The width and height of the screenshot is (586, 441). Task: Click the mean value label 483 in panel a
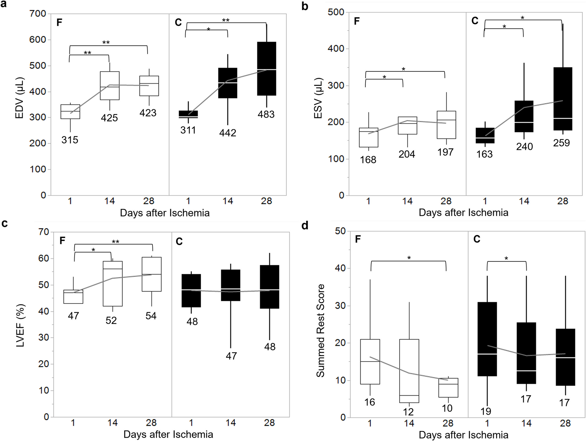[x=266, y=114]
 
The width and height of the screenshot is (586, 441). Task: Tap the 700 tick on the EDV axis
[x=38, y=14]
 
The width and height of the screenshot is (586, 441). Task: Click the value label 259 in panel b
[x=561, y=143]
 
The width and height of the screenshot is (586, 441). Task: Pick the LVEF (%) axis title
[x=20, y=325]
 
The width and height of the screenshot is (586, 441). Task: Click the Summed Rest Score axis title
[x=320, y=330]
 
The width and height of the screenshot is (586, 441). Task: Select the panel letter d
[x=305, y=225]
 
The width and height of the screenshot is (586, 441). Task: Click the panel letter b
[x=305, y=6]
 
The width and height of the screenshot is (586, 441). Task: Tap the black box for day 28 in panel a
[x=267, y=68]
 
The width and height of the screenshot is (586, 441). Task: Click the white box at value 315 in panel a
[x=70, y=112]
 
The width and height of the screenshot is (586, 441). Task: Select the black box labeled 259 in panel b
[x=563, y=99]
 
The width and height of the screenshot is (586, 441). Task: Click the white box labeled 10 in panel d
[x=448, y=387]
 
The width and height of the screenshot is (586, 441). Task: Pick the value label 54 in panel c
[x=151, y=316]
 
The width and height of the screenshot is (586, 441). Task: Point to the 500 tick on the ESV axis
[x=336, y=12]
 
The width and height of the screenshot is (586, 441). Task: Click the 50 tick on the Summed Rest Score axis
[x=341, y=231]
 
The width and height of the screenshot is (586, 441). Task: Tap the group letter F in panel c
[x=63, y=240]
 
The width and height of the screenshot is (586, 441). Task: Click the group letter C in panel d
[x=477, y=239]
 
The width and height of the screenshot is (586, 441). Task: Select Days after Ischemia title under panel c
[x=168, y=435]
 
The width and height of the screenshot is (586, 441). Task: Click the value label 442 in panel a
[x=227, y=133]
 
